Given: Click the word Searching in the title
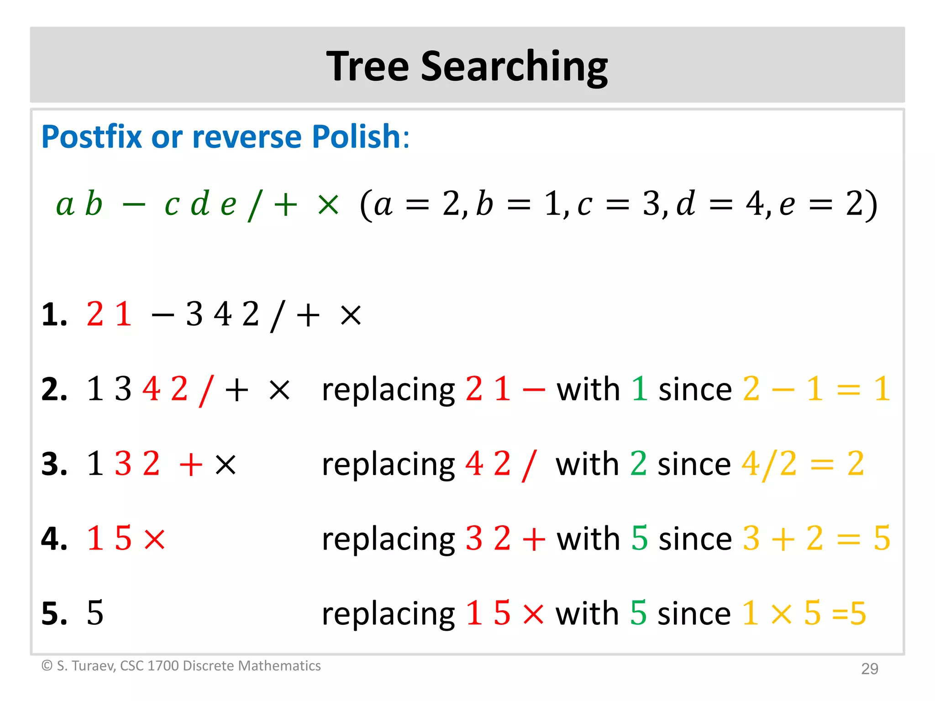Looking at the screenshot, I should (x=514, y=68).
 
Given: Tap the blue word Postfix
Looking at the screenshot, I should (x=91, y=136).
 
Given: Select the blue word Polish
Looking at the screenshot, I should (x=357, y=136).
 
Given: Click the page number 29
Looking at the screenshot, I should (x=869, y=669).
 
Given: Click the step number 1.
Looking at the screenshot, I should (x=54, y=315).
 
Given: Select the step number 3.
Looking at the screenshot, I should (x=54, y=464).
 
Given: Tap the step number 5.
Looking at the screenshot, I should (x=54, y=613).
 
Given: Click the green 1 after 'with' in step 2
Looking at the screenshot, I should (x=639, y=389).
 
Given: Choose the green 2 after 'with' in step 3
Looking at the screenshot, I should (x=638, y=464).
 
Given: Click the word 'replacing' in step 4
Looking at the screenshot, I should (x=388, y=539).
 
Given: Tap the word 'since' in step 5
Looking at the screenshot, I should (x=694, y=613).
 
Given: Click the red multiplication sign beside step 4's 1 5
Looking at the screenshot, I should (x=154, y=539).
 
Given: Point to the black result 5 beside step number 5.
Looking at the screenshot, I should (x=95, y=613).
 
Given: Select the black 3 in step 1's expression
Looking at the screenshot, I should (x=194, y=314).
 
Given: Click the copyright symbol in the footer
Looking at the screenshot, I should (x=47, y=666).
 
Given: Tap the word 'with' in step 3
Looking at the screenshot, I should (x=586, y=464).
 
